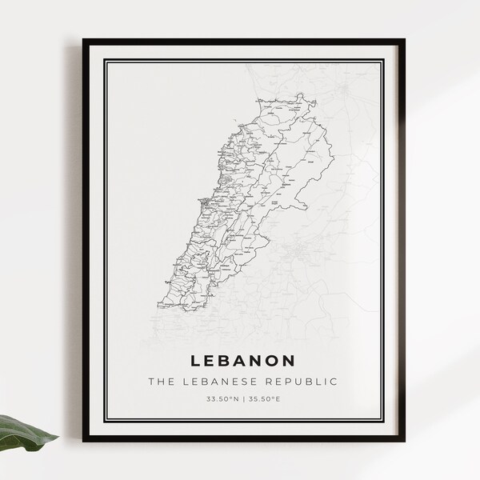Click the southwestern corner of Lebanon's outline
point(161,305)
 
